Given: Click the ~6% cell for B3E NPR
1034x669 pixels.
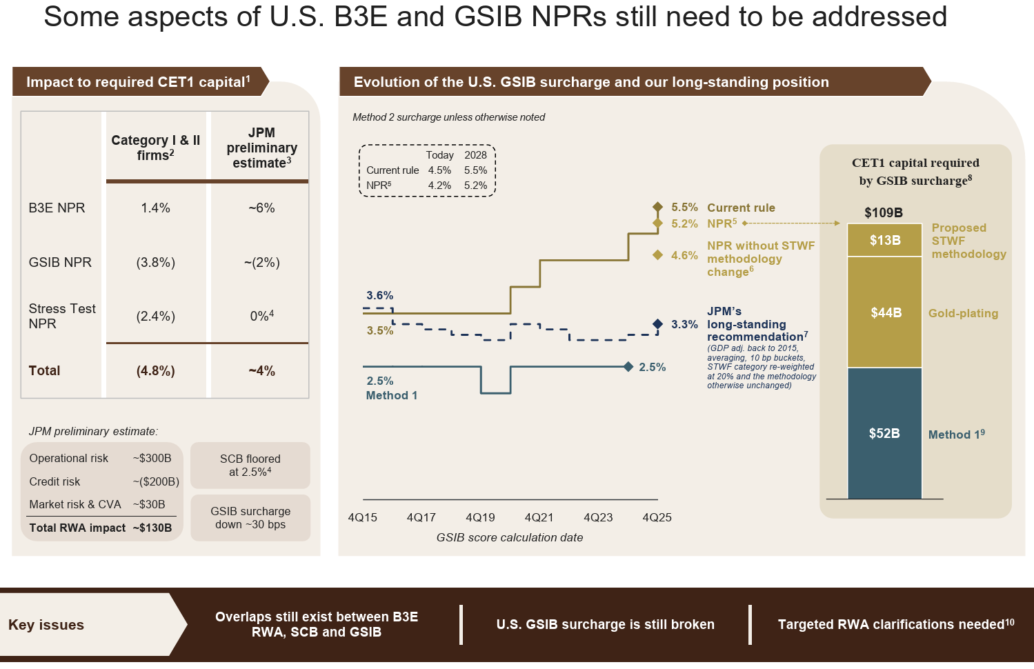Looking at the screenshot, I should (261, 208).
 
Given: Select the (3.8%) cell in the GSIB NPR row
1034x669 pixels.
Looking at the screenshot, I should (156, 263).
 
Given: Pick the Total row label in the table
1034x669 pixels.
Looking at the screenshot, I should (45, 371).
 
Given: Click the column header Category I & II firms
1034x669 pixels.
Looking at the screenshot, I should (156, 148).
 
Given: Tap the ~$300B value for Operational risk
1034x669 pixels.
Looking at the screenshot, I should (152, 459).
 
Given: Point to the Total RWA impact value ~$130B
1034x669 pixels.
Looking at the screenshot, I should (152, 528).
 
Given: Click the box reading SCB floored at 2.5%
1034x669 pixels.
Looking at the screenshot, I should (250, 466).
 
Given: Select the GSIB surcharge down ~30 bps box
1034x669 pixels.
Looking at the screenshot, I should (250, 518).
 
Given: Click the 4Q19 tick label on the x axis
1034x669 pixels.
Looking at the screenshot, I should (480, 518).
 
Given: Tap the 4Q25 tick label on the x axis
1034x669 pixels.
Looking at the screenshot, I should (657, 518).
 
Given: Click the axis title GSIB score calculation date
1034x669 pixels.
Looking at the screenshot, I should (510, 538).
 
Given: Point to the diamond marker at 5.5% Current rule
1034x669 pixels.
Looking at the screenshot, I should (657, 207).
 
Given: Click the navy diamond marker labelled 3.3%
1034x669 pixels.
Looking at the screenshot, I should (657, 324).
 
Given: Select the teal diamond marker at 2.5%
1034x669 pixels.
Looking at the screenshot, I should (628, 367).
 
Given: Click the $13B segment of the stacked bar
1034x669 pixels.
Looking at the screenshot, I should (885, 240).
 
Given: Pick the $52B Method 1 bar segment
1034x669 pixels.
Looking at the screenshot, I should (885, 433).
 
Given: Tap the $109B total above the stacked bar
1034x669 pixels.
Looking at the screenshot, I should (884, 213).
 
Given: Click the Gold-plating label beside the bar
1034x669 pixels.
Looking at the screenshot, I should (963, 314).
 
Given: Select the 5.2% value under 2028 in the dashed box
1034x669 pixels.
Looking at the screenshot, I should (475, 186).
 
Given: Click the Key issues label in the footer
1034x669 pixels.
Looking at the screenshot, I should (46, 625).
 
